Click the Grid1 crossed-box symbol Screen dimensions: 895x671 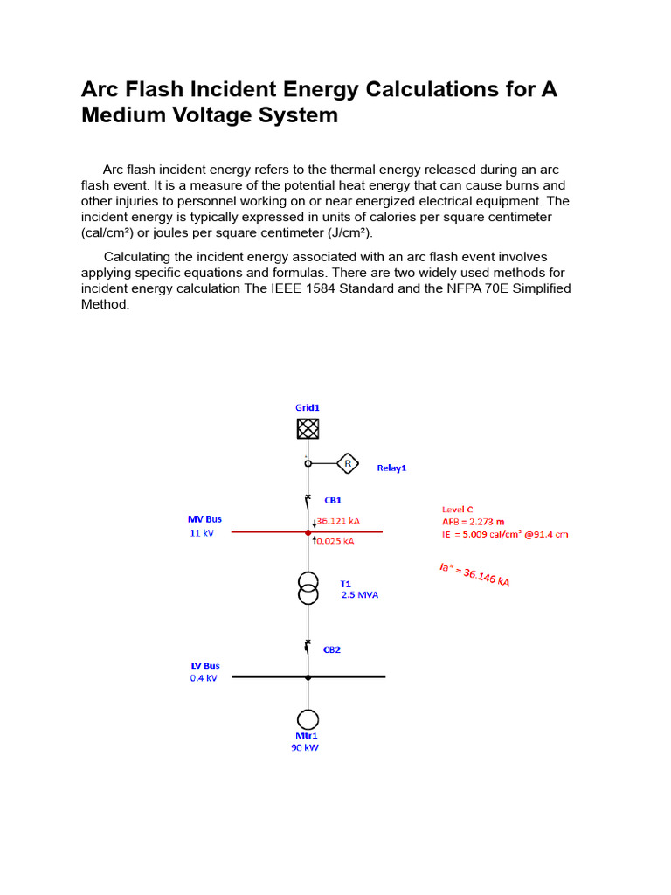tap(308, 428)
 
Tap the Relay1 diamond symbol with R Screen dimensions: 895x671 tap(348, 463)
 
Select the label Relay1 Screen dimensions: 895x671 tap(391, 468)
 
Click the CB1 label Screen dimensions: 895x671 tap(333, 501)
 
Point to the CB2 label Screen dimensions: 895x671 tap(332, 650)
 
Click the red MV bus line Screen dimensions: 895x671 tap(262, 531)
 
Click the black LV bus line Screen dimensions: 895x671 tap(262, 676)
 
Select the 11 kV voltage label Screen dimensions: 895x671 tap(202, 533)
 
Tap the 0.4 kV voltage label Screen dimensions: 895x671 tap(204, 678)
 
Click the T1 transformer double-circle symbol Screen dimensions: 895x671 tap(308, 588)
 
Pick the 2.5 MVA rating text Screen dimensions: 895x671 tap(360, 595)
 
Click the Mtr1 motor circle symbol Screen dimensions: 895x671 tap(308, 719)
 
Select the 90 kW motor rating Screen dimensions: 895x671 tap(305, 748)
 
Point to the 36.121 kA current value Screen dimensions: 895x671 tap(338, 521)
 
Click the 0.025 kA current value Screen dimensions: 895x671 tap(335, 541)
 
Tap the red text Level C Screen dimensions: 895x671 tap(458, 510)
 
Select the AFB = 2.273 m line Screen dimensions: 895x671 tap(473, 522)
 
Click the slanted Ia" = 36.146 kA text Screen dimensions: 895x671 tap(474, 575)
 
